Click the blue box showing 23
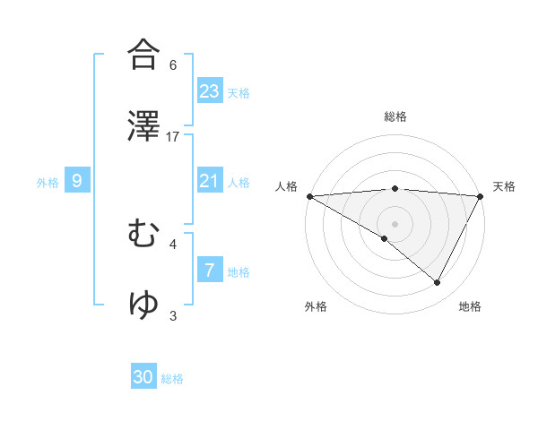(x=210, y=90)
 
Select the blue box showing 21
(x=210, y=181)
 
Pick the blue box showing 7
(x=210, y=270)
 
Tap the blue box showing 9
(x=77, y=181)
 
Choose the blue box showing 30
(x=143, y=377)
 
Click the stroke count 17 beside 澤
(x=173, y=136)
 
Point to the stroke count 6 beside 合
(x=173, y=65)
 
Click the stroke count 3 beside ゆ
(x=173, y=315)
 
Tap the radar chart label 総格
(x=395, y=116)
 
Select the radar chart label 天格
(x=504, y=186)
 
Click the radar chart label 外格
(x=316, y=306)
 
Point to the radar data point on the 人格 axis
(x=309, y=196)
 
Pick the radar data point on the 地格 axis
(x=438, y=283)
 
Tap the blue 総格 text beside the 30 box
(x=173, y=379)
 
